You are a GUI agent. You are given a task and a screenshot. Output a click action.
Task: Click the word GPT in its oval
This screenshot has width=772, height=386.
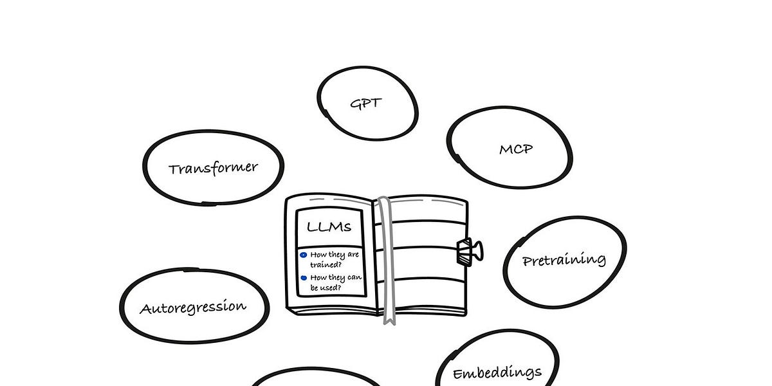365,103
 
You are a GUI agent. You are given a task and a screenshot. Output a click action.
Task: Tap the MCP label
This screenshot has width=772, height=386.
516,149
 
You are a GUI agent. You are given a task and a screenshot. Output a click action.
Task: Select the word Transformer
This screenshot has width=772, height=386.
213,168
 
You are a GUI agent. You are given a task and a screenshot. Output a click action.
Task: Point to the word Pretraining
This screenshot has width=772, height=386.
564,260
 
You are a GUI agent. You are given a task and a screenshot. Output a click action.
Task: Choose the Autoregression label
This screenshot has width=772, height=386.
193,307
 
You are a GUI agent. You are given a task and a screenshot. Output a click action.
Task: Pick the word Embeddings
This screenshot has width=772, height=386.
497,372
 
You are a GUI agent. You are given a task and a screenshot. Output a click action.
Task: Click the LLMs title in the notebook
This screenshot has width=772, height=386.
329,227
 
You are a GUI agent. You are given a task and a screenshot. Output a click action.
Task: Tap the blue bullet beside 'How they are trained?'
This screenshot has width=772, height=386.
304,255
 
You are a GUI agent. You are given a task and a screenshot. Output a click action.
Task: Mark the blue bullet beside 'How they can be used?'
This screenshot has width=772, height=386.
304,278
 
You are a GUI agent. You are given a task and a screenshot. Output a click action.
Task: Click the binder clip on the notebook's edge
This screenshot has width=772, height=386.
468,250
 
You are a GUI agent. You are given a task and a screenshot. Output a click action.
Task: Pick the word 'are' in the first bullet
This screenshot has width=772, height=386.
353,255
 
